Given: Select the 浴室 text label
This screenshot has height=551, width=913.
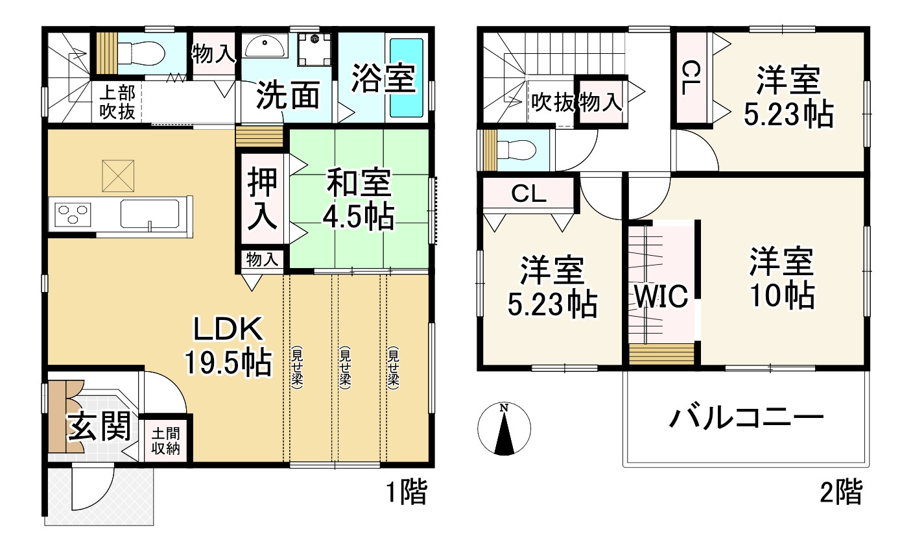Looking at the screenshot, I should (x=383, y=78).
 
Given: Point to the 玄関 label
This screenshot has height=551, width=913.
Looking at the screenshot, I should (x=101, y=428).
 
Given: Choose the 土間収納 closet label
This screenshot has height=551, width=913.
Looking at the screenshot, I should (x=165, y=441).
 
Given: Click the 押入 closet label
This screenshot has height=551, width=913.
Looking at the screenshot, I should (x=263, y=200).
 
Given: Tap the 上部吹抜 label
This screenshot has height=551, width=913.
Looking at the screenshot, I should (x=117, y=103).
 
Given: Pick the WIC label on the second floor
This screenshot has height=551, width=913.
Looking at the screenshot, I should (x=660, y=297).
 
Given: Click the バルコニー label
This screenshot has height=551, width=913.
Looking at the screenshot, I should (x=746, y=418).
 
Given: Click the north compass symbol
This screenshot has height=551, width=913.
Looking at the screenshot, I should (x=504, y=429).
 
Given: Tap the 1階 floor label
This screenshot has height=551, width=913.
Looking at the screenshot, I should (x=406, y=493).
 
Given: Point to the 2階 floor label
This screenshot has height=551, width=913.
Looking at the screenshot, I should (x=841, y=493).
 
